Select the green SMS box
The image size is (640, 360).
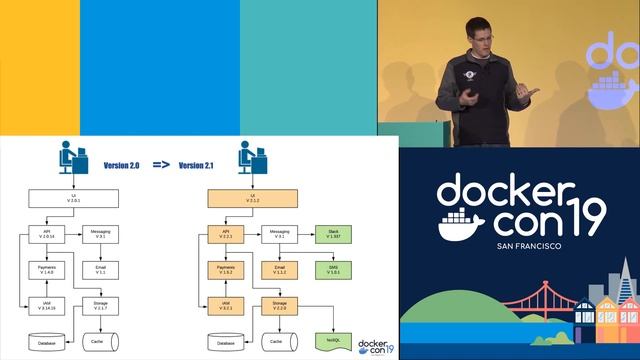(x=333, y=269)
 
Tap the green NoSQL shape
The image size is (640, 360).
(x=329, y=341)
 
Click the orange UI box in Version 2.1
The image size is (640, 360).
(x=252, y=199)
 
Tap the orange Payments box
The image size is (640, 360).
(x=226, y=269)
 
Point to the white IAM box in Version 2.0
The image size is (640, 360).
(x=45, y=305)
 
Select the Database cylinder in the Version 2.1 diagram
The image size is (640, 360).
(x=226, y=342)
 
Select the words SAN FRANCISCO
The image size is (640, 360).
(x=518, y=245)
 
